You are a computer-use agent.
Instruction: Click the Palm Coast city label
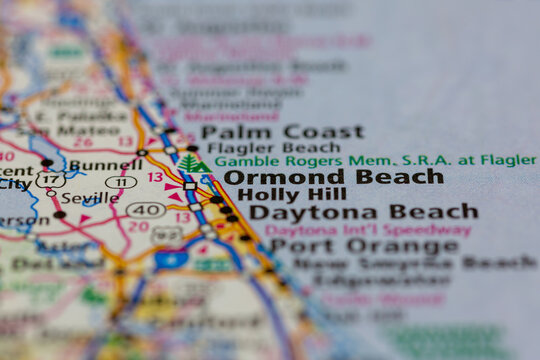click(281, 131)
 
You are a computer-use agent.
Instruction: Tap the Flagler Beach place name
click(259, 147)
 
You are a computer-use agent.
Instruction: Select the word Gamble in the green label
click(239, 161)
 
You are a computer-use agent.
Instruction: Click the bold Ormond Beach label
click(333, 177)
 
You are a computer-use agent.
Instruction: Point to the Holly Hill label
click(291, 194)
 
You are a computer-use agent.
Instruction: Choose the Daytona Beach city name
click(363, 212)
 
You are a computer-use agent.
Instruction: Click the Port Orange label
click(363, 246)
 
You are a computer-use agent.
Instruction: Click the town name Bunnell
click(104, 163)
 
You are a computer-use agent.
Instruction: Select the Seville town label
click(89, 197)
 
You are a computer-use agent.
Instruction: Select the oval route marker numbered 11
click(121, 182)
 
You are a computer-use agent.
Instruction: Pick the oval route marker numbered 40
click(145, 210)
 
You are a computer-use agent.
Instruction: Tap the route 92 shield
click(167, 234)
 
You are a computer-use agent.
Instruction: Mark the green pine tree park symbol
click(191, 162)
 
